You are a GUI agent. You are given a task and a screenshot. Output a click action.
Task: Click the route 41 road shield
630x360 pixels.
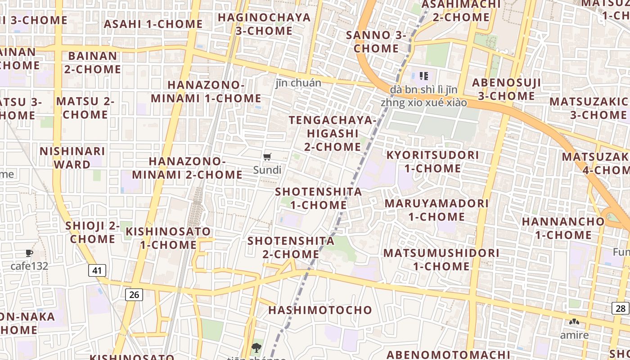(x=97, y=270)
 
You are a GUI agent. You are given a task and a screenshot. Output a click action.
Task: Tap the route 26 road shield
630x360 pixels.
(x=134, y=295)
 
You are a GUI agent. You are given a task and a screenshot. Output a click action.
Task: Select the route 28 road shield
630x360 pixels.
(x=620, y=308)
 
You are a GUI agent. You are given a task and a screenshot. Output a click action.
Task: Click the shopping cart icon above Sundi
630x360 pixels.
(x=267, y=157)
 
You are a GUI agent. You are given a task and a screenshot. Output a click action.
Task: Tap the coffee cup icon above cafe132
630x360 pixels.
(x=29, y=253)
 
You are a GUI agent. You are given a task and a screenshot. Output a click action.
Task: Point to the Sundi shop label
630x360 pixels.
(x=267, y=170)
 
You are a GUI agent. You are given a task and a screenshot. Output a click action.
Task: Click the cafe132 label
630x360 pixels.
(x=29, y=266)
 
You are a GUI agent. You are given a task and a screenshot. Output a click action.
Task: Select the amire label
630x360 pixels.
(x=574, y=335)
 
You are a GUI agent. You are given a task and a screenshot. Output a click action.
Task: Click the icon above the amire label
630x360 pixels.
(x=574, y=322)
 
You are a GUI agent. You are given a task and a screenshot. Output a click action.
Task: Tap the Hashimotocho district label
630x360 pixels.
(x=320, y=310)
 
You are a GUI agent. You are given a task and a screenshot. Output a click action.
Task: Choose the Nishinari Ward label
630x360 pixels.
(x=72, y=158)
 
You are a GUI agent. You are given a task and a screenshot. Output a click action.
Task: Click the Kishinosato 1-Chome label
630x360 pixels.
(x=168, y=238)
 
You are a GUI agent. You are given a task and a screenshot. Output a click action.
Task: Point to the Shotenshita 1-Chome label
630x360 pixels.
(x=319, y=198)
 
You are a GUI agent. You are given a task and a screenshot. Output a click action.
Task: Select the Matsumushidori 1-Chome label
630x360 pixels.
(x=441, y=260)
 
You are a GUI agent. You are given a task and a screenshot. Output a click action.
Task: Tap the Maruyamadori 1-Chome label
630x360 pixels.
(x=436, y=210)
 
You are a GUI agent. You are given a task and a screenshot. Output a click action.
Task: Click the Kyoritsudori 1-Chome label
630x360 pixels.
(x=433, y=162)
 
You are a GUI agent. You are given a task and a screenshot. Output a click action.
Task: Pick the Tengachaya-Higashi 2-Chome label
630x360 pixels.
(x=333, y=134)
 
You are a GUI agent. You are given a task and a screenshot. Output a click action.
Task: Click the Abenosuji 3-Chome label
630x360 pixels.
(x=506, y=90)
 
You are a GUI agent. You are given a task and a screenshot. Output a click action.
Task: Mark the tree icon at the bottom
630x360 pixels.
(x=256, y=348)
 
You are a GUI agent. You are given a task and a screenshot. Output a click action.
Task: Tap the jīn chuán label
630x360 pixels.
(x=298, y=83)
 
